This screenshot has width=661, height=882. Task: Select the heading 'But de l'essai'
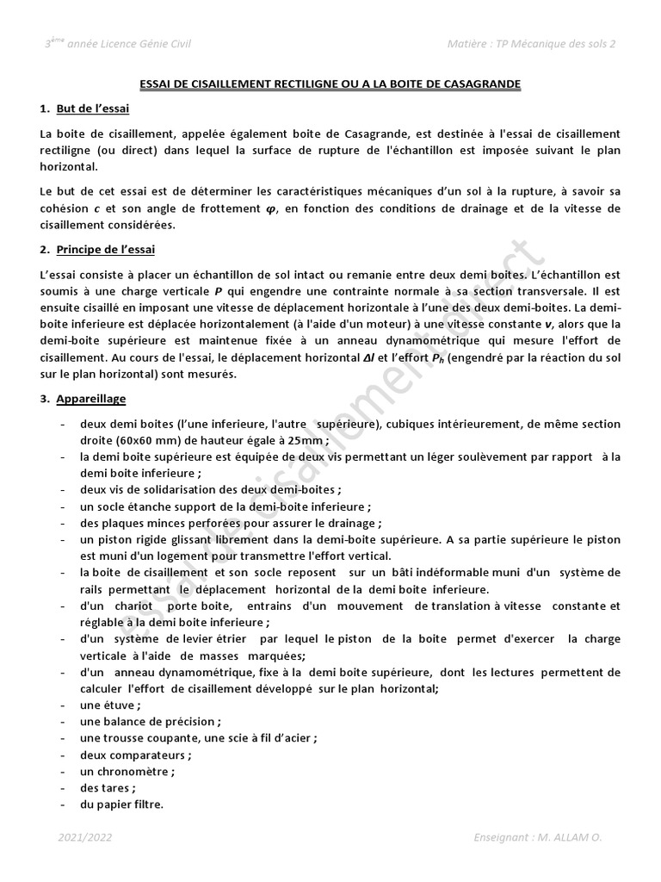(x=93, y=109)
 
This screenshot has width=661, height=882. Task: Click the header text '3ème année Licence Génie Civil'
(x=118, y=44)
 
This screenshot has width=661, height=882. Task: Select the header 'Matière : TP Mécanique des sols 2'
(x=532, y=44)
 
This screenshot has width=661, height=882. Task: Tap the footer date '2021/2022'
(x=85, y=837)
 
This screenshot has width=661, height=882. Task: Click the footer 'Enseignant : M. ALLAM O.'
(x=544, y=837)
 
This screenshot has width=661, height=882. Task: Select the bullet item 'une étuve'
(x=110, y=705)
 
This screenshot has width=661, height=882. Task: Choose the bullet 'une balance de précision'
(x=150, y=722)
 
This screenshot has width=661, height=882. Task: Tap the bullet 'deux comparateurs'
(x=135, y=755)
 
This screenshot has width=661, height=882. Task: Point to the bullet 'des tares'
(x=108, y=788)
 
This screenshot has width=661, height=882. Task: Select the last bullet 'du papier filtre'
(x=121, y=804)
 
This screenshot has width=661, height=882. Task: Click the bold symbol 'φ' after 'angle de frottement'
(x=273, y=209)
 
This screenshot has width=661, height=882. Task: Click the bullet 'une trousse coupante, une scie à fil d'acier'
(x=198, y=738)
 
